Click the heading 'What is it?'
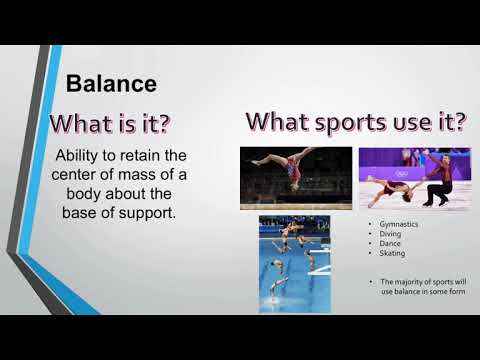point(111,125)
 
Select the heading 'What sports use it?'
point(357,123)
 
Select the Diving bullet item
point(384,234)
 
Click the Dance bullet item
point(384,243)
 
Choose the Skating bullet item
point(386,253)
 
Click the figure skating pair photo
point(414,177)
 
